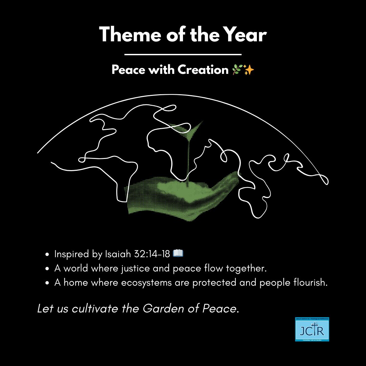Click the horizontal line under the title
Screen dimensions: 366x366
click(x=183, y=54)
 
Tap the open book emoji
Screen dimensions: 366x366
click(x=178, y=253)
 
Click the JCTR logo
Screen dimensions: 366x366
click(x=312, y=329)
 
